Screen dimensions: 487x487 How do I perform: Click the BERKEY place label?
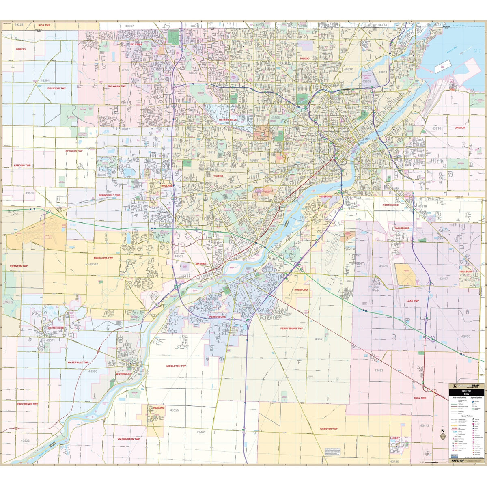point(21,49)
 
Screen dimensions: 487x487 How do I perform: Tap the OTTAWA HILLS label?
point(227,120)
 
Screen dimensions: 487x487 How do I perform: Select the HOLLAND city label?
point(166,185)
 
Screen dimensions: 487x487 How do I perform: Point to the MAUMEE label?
point(201,263)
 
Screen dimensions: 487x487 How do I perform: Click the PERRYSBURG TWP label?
point(291,328)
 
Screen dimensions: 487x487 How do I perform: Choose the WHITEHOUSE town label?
point(56,328)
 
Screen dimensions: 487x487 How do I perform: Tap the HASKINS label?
point(159,408)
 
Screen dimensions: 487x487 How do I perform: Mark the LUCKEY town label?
point(395,438)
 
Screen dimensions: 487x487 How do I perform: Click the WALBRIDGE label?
point(402,228)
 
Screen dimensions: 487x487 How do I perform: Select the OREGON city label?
point(460,127)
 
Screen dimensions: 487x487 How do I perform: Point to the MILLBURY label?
point(466,271)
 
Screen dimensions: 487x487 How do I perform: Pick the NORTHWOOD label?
point(390,205)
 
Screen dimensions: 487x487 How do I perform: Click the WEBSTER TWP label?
point(329,429)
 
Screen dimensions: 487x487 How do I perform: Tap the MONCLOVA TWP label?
point(103,258)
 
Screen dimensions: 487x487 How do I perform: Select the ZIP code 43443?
point(425,425)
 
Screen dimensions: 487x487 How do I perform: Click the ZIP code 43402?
point(201,433)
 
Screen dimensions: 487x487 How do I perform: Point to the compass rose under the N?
point(443,437)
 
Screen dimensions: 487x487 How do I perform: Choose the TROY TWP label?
point(420,398)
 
